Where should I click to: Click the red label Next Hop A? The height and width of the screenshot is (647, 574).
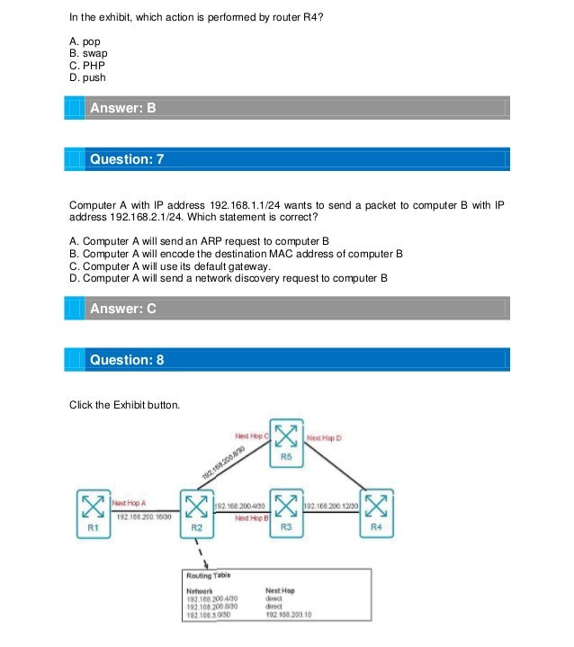[x=129, y=502]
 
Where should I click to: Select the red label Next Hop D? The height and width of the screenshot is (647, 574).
[x=325, y=438]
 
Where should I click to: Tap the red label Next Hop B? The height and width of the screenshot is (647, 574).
[x=253, y=518]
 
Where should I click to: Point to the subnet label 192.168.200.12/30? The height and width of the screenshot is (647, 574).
[x=332, y=507]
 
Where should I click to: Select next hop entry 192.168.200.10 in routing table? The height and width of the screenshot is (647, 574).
[x=288, y=615]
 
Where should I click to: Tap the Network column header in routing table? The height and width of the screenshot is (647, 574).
[x=200, y=590]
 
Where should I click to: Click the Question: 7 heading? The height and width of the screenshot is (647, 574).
[x=127, y=159]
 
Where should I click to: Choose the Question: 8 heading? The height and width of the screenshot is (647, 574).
[x=127, y=360]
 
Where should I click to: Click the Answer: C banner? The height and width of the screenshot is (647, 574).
[x=123, y=309]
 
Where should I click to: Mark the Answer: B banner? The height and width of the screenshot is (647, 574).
[x=123, y=108]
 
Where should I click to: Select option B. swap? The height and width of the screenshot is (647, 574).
[x=88, y=53]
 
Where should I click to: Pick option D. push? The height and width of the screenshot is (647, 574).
[x=87, y=77]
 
